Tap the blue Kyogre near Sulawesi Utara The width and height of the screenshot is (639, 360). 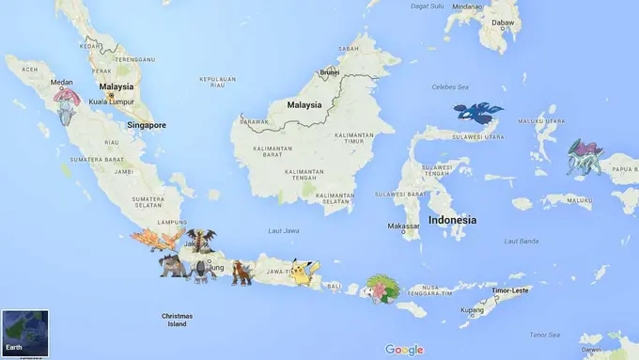coord(477,114)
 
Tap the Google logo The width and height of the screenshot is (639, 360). coord(404,350)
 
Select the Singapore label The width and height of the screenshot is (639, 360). coord(147,124)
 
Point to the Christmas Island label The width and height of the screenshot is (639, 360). coord(177,320)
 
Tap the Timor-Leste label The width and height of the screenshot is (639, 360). coord(507,290)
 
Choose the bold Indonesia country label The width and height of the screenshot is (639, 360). coord(452,220)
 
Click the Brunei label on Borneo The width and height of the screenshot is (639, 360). coord(329,71)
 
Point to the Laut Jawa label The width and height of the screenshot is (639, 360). coord(284,229)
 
